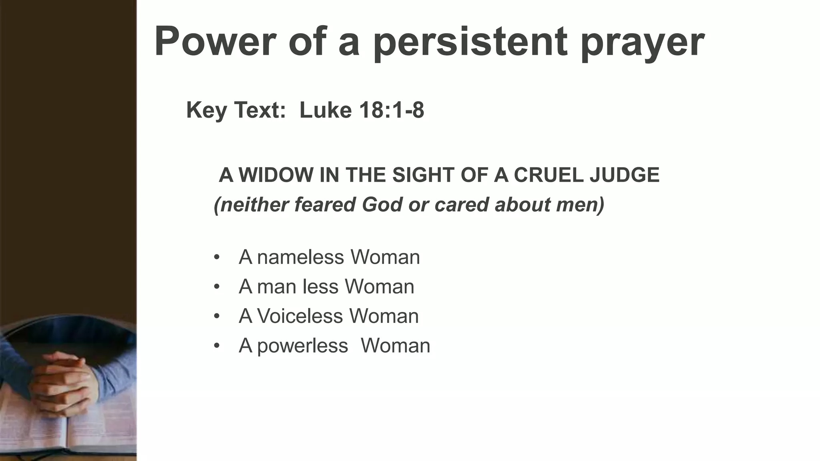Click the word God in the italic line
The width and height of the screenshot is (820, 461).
tap(382, 204)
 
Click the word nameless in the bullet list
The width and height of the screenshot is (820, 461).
tap(300, 257)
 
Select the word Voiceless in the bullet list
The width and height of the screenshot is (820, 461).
tap(300, 316)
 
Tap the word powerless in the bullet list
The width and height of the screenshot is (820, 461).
tap(303, 346)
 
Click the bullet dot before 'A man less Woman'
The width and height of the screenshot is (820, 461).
tap(217, 287)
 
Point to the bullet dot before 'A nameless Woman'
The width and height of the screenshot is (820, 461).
tap(217, 257)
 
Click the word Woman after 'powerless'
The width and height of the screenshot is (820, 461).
tap(395, 346)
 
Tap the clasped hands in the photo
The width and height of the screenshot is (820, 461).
tap(64, 380)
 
